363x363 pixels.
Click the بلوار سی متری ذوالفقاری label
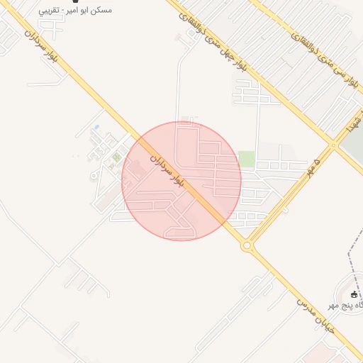tap(318, 56)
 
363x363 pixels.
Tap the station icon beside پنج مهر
tap(354, 294)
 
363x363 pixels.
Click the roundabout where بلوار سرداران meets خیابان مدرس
tap(247, 246)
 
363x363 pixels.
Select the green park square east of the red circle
tap(246, 159)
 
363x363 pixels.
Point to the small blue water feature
tap(96, 128)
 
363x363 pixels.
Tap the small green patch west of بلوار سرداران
tap(116, 157)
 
